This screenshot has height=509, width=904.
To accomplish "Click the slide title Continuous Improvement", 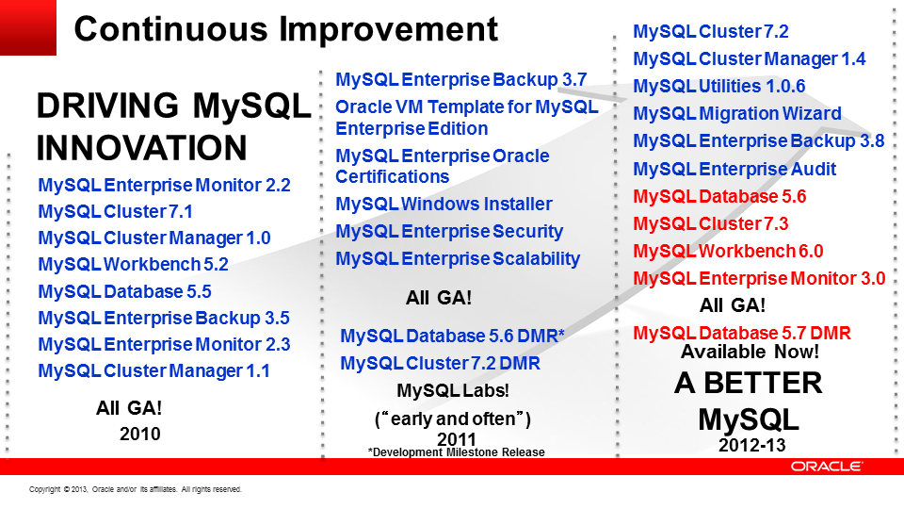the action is tap(286, 29).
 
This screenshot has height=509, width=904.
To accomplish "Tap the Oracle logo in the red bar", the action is tap(827, 467).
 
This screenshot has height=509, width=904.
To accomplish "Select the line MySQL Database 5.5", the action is tap(124, 291).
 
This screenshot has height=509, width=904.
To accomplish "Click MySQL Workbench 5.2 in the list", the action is tap(133, 264).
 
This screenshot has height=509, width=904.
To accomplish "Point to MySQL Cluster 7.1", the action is tap(115, 212).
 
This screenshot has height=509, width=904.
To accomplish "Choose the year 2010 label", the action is tap(140, 434).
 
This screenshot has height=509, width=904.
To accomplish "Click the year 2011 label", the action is tap(457, 440).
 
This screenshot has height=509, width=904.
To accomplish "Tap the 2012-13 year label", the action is tap(751, 445).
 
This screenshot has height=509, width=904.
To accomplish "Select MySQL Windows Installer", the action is tap(444, 204).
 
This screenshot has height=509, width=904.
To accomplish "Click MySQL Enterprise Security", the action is tap(449, 232).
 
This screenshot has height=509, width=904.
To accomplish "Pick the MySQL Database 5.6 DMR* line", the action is tap(452, 336).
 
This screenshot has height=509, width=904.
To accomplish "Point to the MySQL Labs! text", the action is tap(453, 390).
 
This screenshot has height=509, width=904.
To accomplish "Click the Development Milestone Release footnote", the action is tap(456, 452).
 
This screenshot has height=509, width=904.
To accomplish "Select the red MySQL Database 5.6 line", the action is tap(719, 197).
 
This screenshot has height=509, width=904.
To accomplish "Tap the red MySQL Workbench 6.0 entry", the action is tap(728, 251).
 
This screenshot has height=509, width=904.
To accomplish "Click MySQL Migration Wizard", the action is tap(737, 114).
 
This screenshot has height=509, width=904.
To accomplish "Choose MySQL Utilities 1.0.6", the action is tap(718, 86).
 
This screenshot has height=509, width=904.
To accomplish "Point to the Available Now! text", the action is tap(751, 352).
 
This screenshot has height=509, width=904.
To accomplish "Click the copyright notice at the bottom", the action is tap(136, 489).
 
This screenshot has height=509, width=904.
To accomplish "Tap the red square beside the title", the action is tap(27, 27).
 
